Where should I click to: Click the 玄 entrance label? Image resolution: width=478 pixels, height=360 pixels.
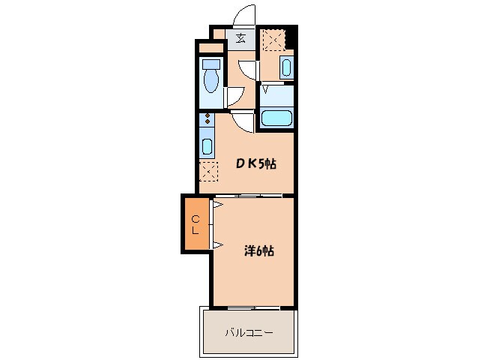(240, 38)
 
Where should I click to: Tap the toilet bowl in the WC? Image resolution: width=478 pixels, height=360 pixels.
(211, 80)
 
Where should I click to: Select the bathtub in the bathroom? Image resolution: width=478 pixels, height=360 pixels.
(276, 118)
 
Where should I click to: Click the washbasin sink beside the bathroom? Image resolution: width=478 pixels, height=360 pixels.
(286, 67)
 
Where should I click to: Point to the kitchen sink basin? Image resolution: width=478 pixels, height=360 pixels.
(208, 146)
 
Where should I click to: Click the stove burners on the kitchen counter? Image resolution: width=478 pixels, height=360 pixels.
(208, 118)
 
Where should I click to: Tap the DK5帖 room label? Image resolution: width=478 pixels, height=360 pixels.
(256, 164)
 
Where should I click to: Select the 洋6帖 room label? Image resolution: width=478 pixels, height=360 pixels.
(258, 250)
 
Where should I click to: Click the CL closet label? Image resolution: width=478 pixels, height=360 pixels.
(196, 225)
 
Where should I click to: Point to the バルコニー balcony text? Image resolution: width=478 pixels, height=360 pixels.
(249, 332)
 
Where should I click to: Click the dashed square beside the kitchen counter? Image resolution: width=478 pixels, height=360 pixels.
(208, 172)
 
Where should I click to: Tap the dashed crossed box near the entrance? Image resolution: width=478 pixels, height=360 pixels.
(274, 40)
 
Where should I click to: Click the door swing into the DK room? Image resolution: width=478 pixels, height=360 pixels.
(242, 123)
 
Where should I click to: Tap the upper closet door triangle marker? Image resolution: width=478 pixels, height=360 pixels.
(218, 205)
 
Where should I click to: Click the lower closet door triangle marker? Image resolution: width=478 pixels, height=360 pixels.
(218, 244)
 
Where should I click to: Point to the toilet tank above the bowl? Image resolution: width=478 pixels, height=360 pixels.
(211, 64)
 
